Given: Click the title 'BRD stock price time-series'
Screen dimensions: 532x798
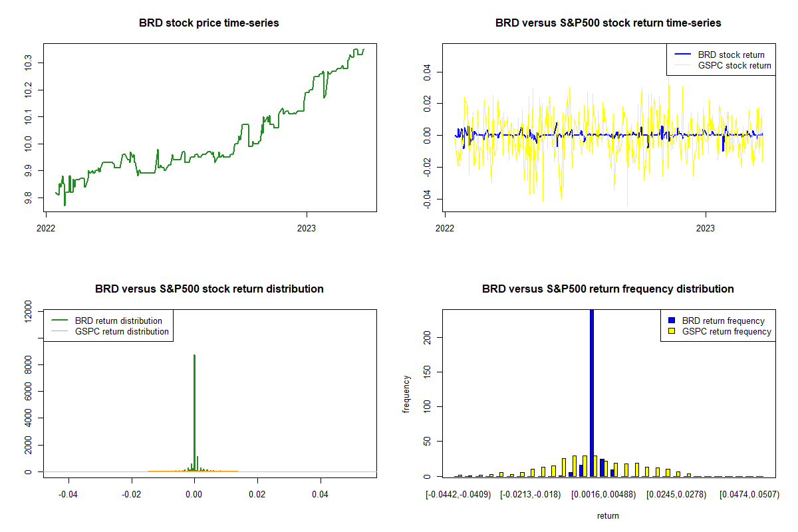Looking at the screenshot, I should coord(209,23).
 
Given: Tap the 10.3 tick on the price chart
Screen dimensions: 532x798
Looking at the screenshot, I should coord(27,63).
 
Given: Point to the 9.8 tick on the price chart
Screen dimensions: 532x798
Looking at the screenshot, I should coord(27,198).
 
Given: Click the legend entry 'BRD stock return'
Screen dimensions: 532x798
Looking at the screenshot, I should coord(730,55).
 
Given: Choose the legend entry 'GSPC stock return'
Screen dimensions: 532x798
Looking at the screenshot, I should coord(734,65).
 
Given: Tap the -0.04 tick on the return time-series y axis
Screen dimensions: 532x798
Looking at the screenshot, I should coord(426,198).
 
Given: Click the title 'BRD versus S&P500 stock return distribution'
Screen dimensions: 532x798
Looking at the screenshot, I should coord(209,289).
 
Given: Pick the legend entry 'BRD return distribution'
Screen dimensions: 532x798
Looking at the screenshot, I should coord(118,321).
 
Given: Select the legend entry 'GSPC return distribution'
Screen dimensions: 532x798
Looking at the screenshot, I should coord(122,331).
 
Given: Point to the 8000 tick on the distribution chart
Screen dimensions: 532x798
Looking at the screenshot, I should coord(27,364).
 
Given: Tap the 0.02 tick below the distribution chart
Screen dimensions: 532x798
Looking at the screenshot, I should coord(257,494).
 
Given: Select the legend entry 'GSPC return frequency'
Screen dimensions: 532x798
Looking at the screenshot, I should coord(727,331).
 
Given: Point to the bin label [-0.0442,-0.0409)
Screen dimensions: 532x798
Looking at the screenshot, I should coord(458,494).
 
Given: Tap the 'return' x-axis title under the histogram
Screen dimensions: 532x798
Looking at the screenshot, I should coord(608,515).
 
